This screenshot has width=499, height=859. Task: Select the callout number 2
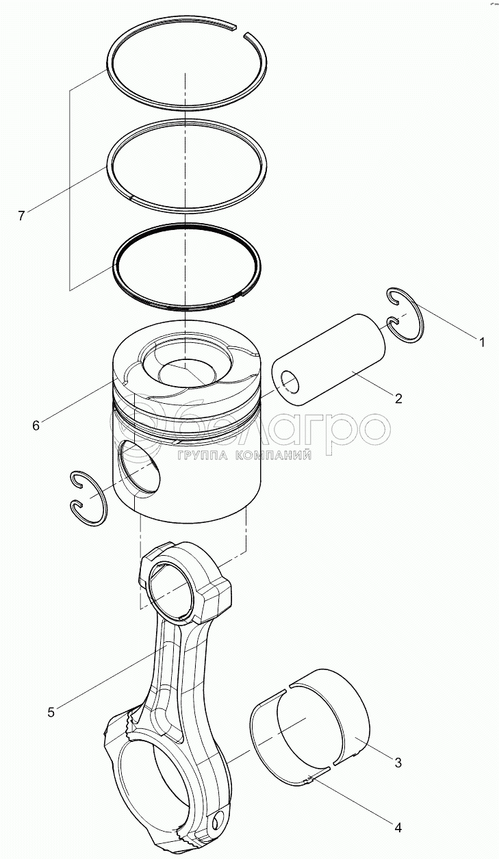pyautogui.click(x=398, y=399)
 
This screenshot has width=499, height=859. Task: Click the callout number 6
pyautogui.click(x=36, y=425)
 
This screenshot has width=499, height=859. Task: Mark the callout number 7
pyautogui.click(x=21, y=216)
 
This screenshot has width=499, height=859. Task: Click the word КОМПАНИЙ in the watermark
pyautogui.click(x=272, y=455)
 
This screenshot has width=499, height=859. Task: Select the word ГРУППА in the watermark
pyautogui.click(x=202, y=455)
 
